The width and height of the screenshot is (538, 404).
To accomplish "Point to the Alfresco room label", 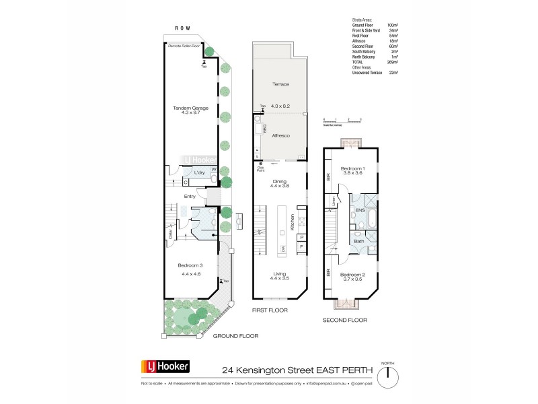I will tap(280, 135).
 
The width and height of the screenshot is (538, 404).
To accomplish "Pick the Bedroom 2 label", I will tap(351, 275).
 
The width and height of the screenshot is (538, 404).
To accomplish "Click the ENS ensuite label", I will tap(360, 211).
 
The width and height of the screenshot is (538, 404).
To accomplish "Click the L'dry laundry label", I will tap(199, 173).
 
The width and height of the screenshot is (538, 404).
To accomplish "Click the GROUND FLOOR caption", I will tap(236, 335).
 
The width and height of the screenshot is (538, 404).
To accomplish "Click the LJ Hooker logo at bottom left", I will tap(165, 367).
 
